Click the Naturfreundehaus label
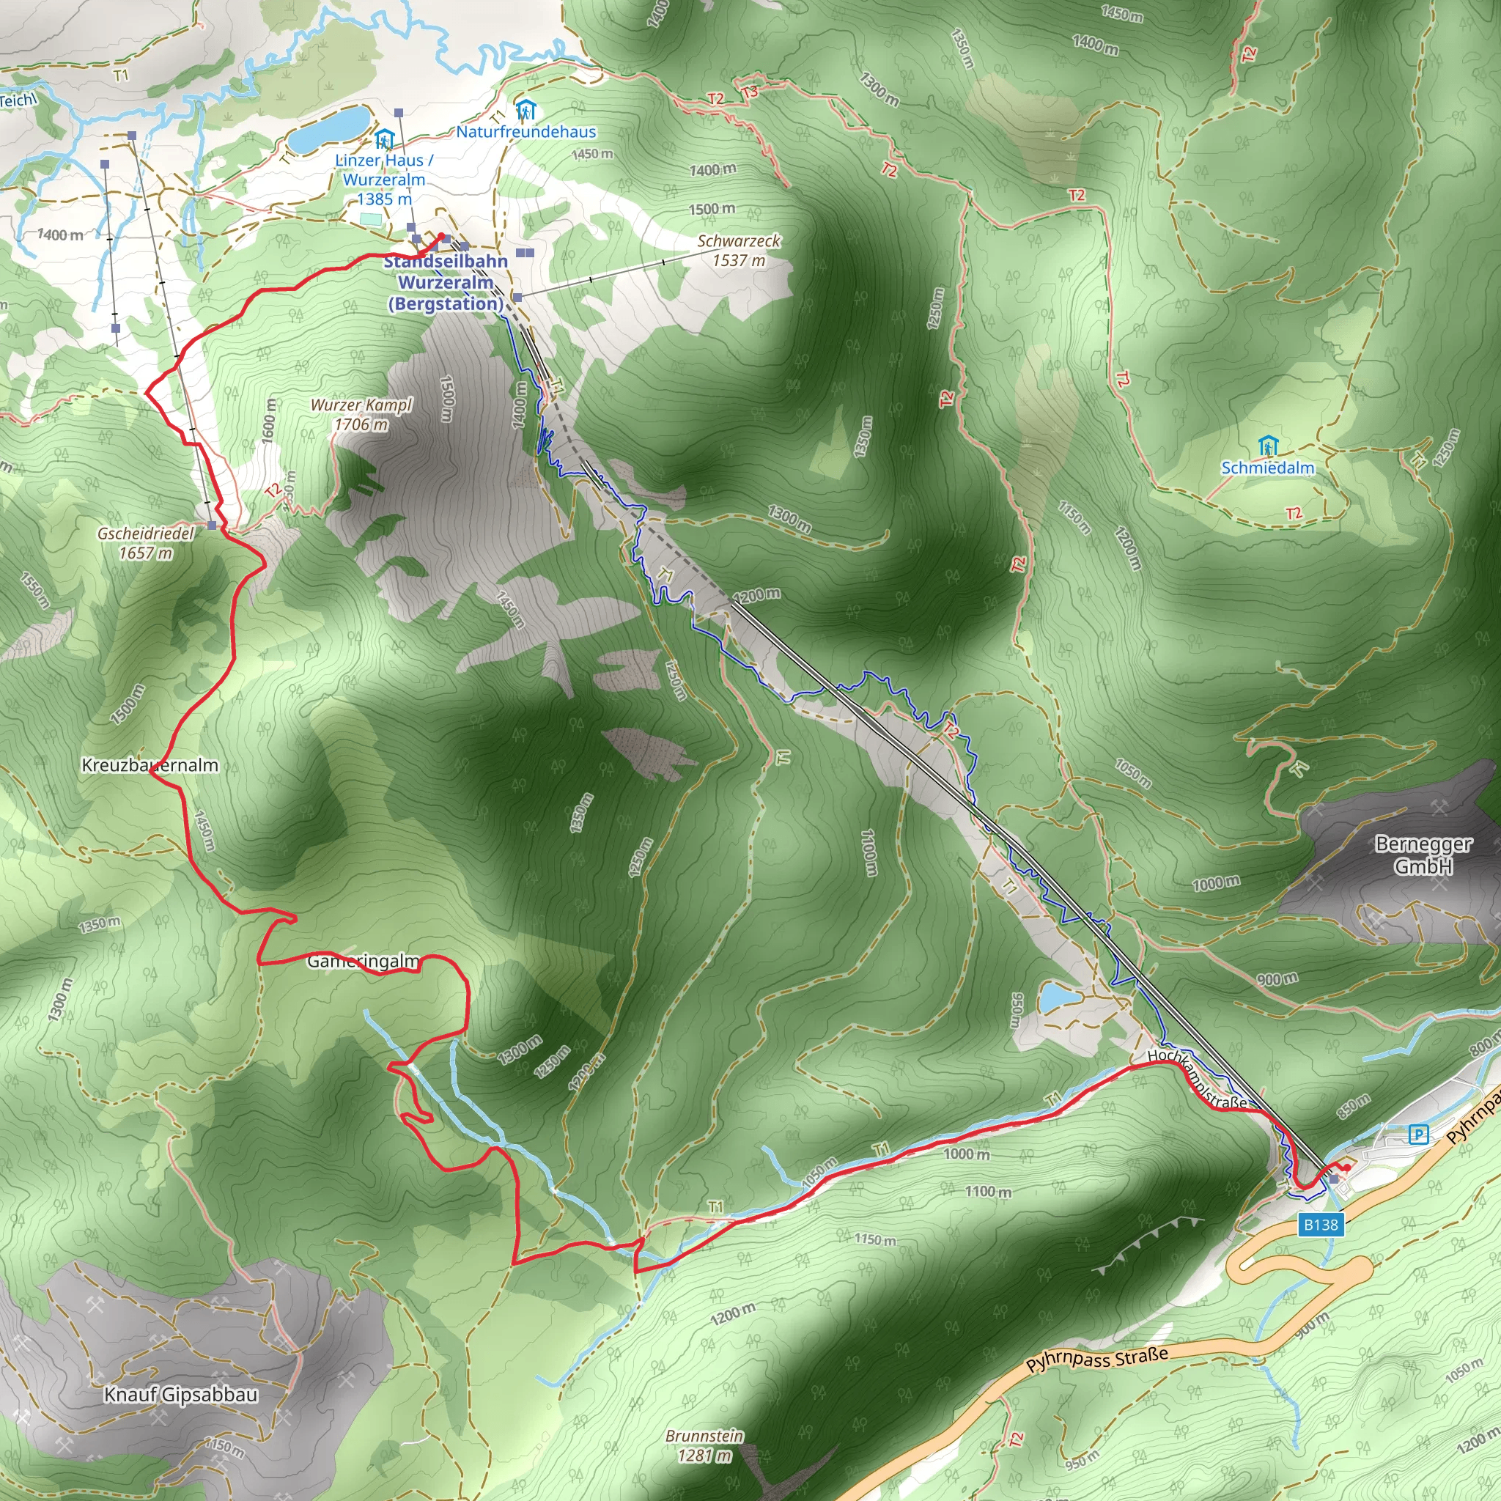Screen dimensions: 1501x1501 tap(526, 131)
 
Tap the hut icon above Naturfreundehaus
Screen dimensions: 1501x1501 tap(526, 111)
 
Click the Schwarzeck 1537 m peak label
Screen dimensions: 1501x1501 tap(739, 250)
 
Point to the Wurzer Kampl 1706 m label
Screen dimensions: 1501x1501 tap(361, 414)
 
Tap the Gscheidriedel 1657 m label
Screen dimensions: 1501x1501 tap(145, 543)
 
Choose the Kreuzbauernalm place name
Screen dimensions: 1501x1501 tap(150, 765)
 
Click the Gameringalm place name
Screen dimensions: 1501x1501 tap(363, 962)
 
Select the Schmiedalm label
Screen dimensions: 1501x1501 tap(1268, 468)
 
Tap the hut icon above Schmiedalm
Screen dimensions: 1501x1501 tap(1268, 446)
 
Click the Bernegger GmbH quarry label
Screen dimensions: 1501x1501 tap(1423, 855)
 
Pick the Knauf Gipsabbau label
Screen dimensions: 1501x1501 tap(181, 1395)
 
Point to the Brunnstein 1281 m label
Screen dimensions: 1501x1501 tap(704, 1446)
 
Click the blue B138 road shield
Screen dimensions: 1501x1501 tap(1321, 1225)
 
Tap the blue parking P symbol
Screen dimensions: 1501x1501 tap(1419, 1135)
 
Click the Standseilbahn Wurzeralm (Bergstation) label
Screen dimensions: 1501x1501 tap(446, 282)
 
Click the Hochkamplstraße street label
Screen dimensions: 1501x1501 tap(1198, 1079)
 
